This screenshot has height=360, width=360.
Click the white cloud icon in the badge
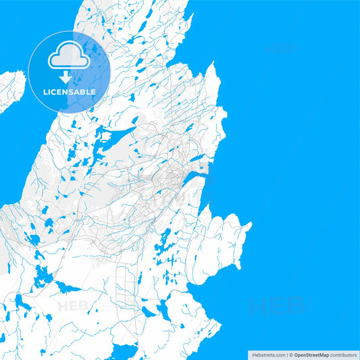tap(69, 57)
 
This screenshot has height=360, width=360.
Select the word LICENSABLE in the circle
tap(69, 92)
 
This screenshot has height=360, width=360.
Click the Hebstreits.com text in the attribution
tap(268, 354)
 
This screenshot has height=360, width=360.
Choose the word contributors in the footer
tap(344, 354)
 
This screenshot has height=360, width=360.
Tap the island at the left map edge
tap(11, 90)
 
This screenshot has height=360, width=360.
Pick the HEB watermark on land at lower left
tap(74, 306)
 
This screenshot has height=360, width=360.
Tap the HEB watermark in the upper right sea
tap(279, 49)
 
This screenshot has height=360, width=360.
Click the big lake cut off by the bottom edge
tap(126, 352)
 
